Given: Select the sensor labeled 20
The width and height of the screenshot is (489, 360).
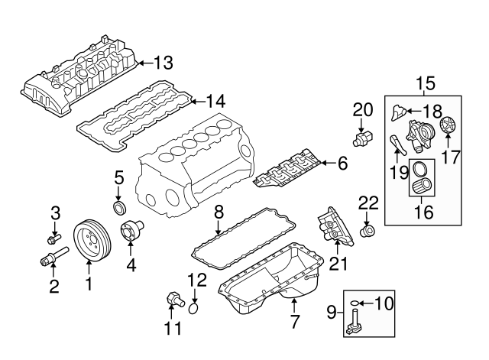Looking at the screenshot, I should [x=362, y=138].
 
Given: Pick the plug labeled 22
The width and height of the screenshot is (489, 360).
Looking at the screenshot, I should [x=368, y=230].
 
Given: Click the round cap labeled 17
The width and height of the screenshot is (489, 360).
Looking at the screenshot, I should [x=449, y=125].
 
